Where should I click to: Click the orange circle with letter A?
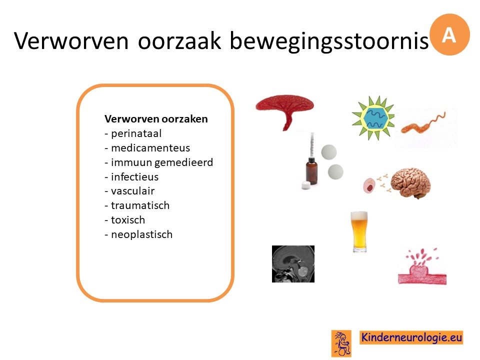(449, 34)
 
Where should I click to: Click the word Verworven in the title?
(71, 40)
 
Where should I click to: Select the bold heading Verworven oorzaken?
(156, 119)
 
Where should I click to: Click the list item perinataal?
(133, 133)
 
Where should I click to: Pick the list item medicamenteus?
(147, 148)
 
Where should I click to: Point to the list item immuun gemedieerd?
(159, 162)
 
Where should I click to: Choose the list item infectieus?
(131, 176)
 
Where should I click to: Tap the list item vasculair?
(129, 191)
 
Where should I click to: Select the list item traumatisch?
(137, 205)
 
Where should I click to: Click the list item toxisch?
(125, 220)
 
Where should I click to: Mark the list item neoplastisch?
(138, 234)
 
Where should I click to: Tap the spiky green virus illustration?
(373, 118)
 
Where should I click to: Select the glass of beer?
(359, 231)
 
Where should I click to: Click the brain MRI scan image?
(293, 264)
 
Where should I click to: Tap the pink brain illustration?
(411, 183)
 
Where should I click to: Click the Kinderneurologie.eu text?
(411, 337)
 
